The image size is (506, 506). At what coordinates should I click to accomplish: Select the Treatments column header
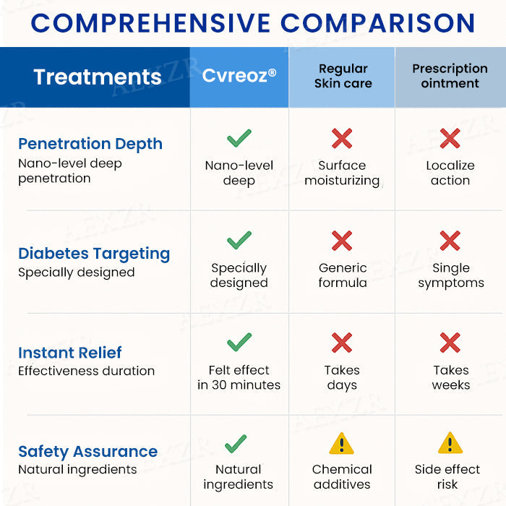[98, 77]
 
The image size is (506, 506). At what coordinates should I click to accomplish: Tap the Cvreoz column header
[239, 76]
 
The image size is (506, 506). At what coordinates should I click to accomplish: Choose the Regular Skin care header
[343, 76]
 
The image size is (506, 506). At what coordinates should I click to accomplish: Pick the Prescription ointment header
[450, 76]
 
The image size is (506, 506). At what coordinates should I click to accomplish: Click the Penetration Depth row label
[90, 143]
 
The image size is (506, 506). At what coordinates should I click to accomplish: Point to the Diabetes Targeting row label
[94, 254]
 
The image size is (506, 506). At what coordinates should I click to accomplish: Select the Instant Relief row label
[70, 353]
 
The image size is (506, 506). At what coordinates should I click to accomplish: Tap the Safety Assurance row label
[87, 452]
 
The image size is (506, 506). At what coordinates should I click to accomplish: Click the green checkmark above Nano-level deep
[239, 138]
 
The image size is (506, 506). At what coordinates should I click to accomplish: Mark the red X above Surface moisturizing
[342, 138]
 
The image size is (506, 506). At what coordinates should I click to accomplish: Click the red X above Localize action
[450, 138]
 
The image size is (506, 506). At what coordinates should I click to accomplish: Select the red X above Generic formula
[342, 241]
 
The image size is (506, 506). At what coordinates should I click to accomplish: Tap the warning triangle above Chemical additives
[342, 443]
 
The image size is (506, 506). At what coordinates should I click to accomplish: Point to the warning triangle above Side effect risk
[450, 443]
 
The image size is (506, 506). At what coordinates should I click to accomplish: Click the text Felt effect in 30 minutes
[239, 377]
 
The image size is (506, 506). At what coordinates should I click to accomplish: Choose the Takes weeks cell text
[450, 377]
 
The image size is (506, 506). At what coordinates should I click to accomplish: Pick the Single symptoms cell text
[450, 275]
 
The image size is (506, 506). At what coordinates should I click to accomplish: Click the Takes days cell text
[342, 377]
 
